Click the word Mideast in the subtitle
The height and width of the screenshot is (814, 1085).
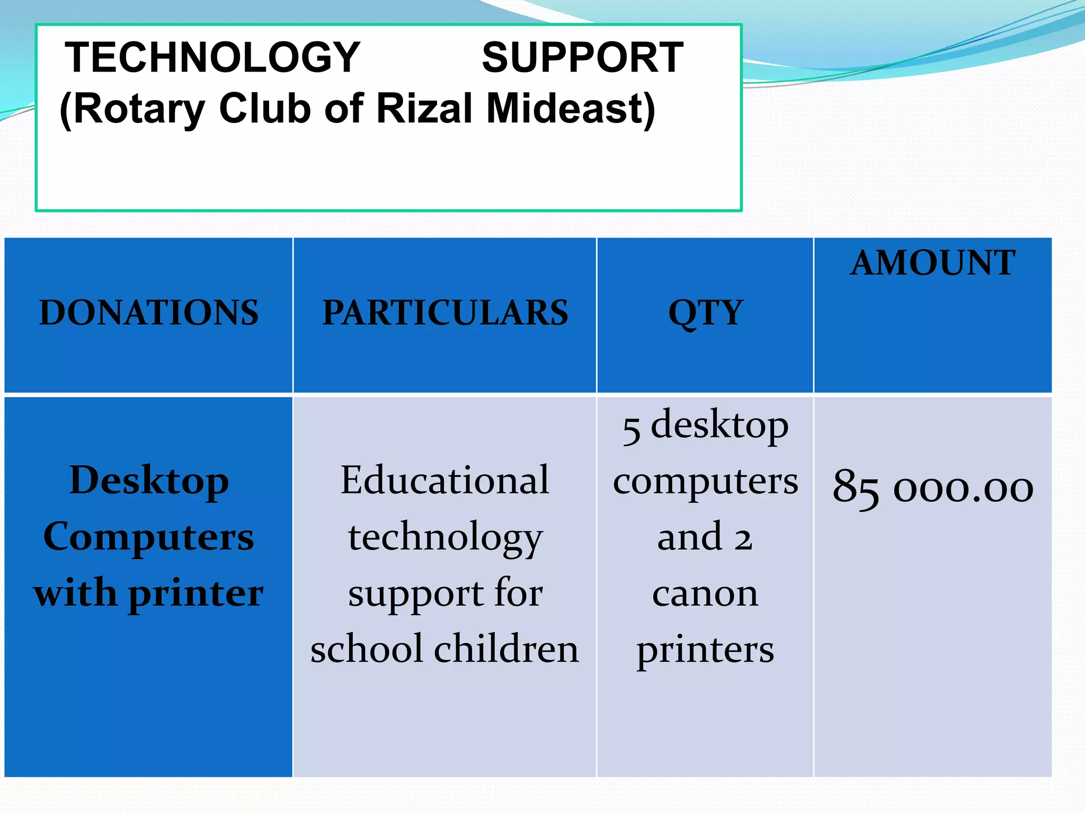coord(570,109)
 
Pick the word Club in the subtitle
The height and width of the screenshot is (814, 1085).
coord(265,109)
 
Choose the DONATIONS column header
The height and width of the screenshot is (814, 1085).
coord(149,312)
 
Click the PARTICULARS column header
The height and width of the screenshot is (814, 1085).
coord(445,312)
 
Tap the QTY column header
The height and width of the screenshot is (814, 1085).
coord(706,312)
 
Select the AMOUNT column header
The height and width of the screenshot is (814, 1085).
coord(933,263)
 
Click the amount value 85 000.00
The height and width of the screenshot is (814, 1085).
coord(933,486)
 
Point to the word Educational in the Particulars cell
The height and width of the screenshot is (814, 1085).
coord(445,480)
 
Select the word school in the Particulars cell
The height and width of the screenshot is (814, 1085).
coord(367,649)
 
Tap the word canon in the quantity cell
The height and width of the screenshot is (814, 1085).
coord(705,594)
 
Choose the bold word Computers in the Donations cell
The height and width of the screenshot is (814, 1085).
coord(149,537)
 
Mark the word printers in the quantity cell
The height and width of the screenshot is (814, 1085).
coord(705,650)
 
